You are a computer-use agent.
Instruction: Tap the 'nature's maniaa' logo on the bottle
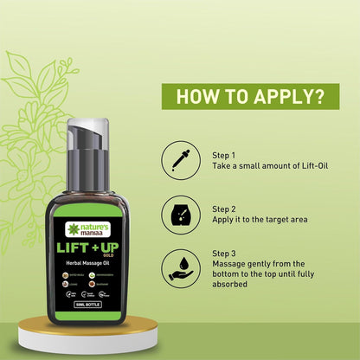tap(90, 231)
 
